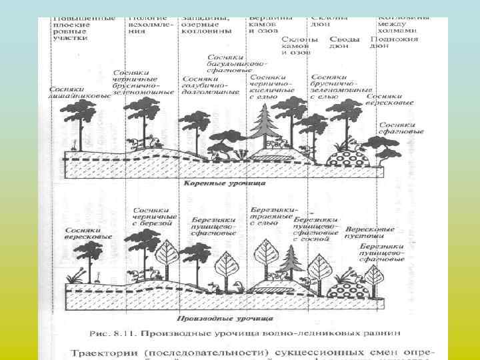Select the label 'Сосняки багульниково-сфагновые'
[x=237, y=64]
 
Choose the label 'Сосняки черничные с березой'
[x=155, y=217]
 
